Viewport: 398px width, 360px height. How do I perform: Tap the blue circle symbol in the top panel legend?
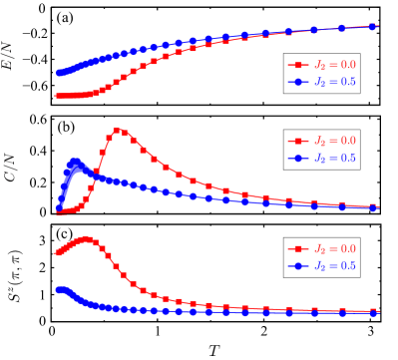point(296,82)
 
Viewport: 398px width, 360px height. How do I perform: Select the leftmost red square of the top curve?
point(58,97)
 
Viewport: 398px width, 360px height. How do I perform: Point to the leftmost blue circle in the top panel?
point(58,73)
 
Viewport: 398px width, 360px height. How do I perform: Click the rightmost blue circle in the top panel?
point(374,27)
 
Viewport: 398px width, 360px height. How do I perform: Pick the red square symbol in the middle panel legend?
point(296,141)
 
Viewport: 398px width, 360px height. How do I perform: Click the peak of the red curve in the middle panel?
point(118,130)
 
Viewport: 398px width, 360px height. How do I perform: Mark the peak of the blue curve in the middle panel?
point(75,162)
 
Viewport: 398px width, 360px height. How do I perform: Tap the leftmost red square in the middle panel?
point(58,211)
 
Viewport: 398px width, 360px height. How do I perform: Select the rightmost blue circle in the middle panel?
point(374,207)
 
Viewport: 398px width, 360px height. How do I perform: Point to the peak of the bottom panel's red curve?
point(86,239)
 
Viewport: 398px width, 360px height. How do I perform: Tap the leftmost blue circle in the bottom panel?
point(58,290)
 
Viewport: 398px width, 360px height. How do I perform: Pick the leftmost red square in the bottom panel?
point(58,252)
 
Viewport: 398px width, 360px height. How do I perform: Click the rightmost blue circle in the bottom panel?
point(374,312)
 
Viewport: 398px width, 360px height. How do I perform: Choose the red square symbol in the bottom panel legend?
point(296,248)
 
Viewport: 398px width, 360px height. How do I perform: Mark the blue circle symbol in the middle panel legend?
point(296,158)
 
